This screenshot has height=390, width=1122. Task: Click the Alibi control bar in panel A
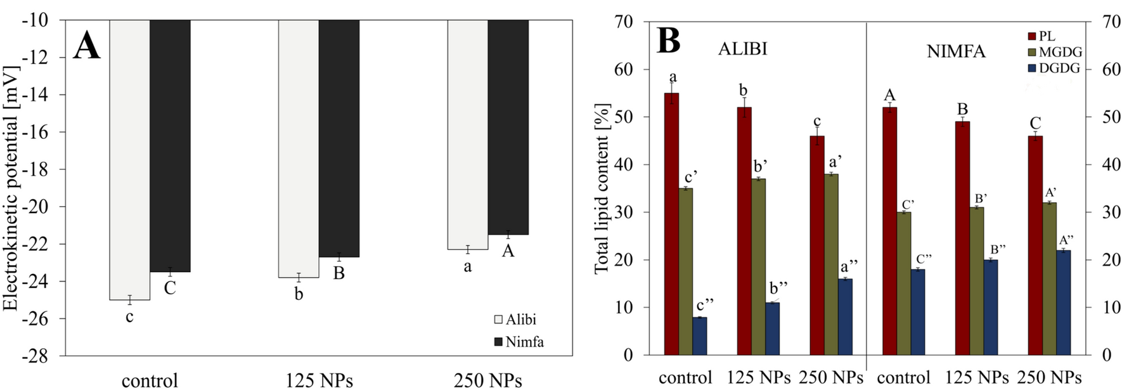129,159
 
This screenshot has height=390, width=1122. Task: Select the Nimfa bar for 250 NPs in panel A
508,127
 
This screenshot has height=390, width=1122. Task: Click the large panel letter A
86,46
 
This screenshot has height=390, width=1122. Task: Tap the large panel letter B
668,41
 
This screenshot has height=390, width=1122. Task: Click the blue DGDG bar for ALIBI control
700,335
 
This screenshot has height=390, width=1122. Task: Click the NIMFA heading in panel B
956,51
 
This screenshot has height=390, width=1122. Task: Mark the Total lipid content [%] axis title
602,188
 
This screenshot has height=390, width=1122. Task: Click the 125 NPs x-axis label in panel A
319,380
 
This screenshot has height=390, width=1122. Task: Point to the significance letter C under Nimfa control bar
170,289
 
